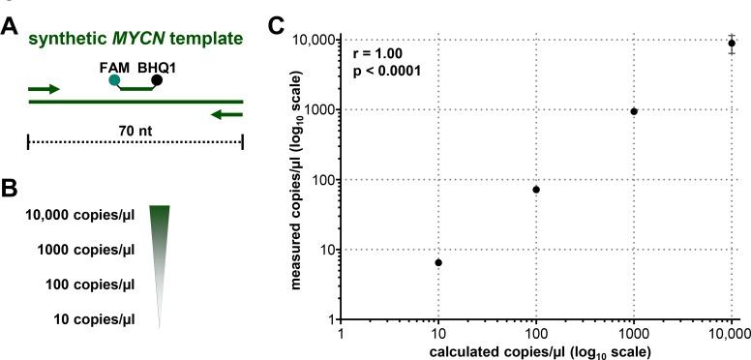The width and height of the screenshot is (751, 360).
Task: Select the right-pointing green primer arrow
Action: pos(45,89)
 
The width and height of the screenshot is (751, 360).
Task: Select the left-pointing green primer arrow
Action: pos(226,114)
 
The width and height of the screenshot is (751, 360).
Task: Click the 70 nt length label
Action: pos(135,127)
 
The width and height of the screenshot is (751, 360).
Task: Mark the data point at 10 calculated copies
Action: pos(438,262)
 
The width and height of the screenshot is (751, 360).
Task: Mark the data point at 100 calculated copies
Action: pos(536,190)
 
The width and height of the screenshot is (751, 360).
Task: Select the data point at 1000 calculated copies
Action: pos(634,111)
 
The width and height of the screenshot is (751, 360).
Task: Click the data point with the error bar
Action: pos(732,43)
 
